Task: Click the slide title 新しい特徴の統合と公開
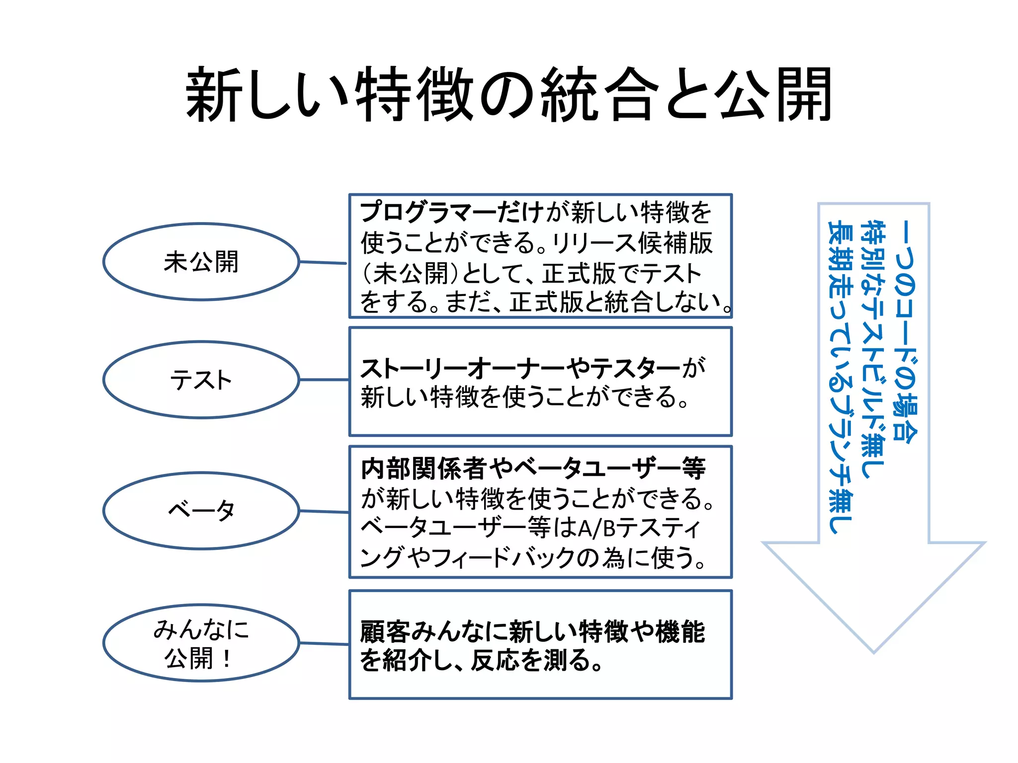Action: [x=509, y=94]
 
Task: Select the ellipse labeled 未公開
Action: [x=201, y=262]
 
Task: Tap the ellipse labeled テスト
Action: [x=201, y=380]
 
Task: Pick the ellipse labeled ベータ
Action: [x=201, y=511]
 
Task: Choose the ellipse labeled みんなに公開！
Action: [x=201, y=643]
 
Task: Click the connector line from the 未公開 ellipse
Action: [x=324, y=262]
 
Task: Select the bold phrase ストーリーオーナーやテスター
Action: [x=520, y=368]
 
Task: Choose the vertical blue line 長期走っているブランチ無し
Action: [x=840, y=378]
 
